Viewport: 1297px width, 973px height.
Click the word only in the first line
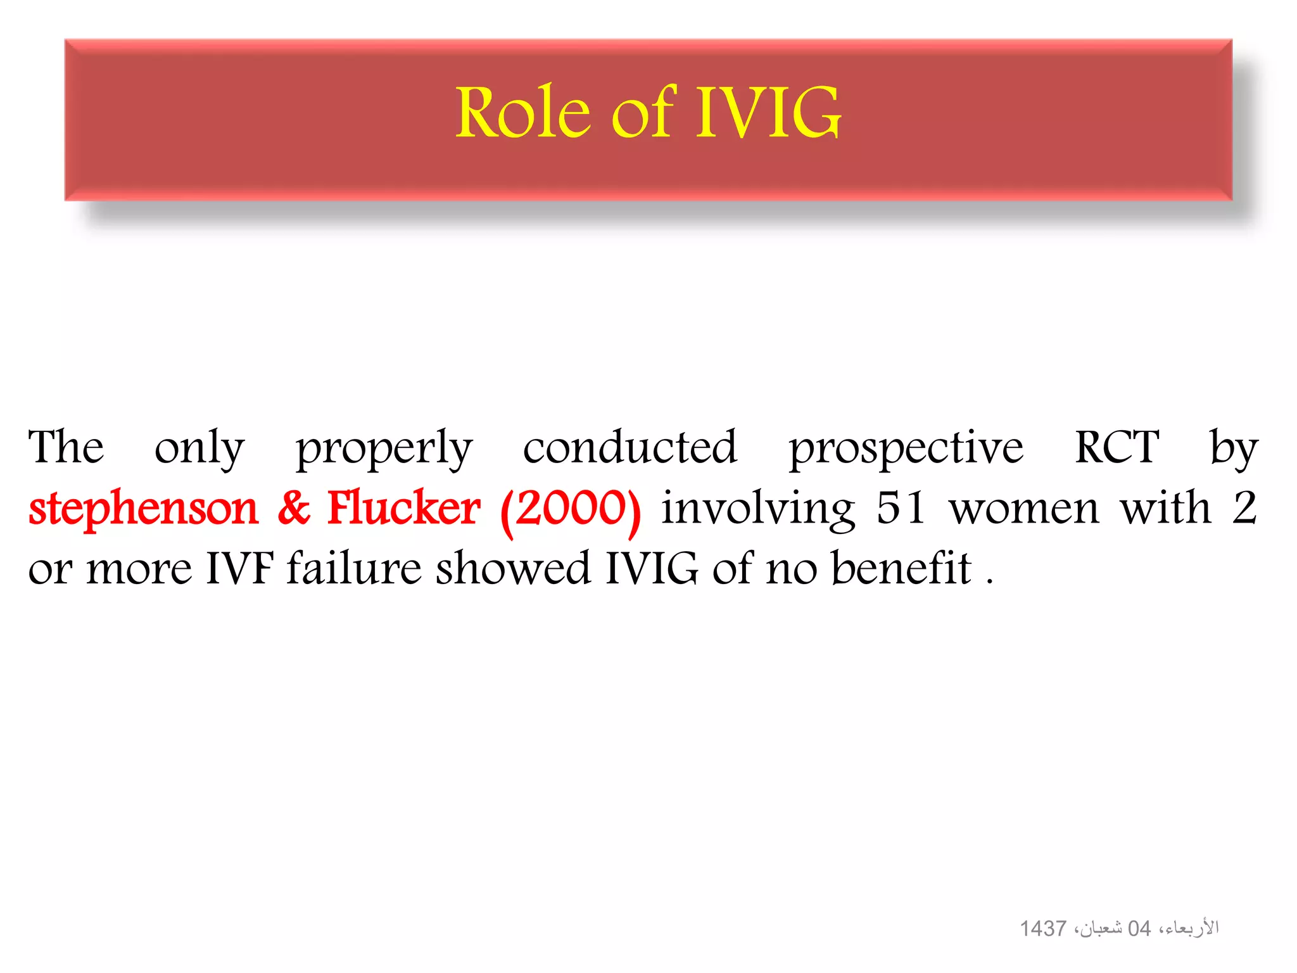199,448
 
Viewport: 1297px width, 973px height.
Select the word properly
384,448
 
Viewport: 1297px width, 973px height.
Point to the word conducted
630,447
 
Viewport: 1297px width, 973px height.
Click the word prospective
906,448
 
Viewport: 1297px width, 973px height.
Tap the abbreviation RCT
1117,447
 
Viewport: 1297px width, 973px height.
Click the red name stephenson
144,509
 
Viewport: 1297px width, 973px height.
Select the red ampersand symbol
294,508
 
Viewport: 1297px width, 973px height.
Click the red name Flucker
403,508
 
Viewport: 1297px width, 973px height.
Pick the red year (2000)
570,509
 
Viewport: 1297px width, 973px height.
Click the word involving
758,509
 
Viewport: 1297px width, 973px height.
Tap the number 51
900,508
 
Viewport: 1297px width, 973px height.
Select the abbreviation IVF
239,568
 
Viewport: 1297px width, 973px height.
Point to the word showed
513,568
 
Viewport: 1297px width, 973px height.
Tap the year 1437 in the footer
1042,929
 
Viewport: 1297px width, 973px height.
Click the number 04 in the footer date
1139,929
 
